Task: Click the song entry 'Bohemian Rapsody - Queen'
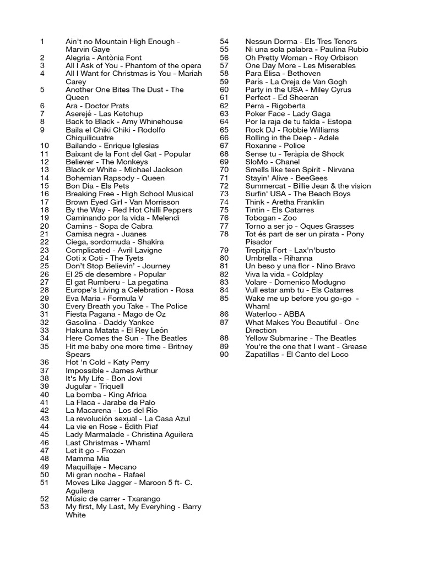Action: [x=115, y=178]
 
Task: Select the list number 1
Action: [x=42, y=41]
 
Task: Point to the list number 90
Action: [x=224, y=355]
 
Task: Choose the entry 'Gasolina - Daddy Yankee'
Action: [x=110, y=322]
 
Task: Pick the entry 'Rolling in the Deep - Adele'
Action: [x=292, y=138]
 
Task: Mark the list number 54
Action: [x=224, y=41]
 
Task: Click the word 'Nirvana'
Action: [x=337, y=170]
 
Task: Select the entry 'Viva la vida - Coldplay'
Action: [x=284, y=274]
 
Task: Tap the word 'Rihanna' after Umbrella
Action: [x=298, y=258]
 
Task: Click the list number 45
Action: [x=45, y=434]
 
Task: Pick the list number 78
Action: [x=224, y=234]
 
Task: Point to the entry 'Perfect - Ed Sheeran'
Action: [x=282, y=98]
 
